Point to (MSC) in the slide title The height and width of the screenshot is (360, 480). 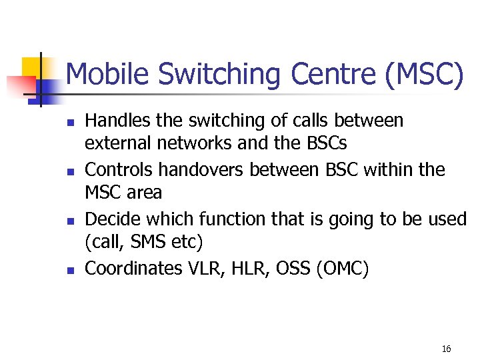(423, 75)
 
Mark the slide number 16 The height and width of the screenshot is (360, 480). (446, 349)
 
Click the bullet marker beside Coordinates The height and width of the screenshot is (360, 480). (69, 270)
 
